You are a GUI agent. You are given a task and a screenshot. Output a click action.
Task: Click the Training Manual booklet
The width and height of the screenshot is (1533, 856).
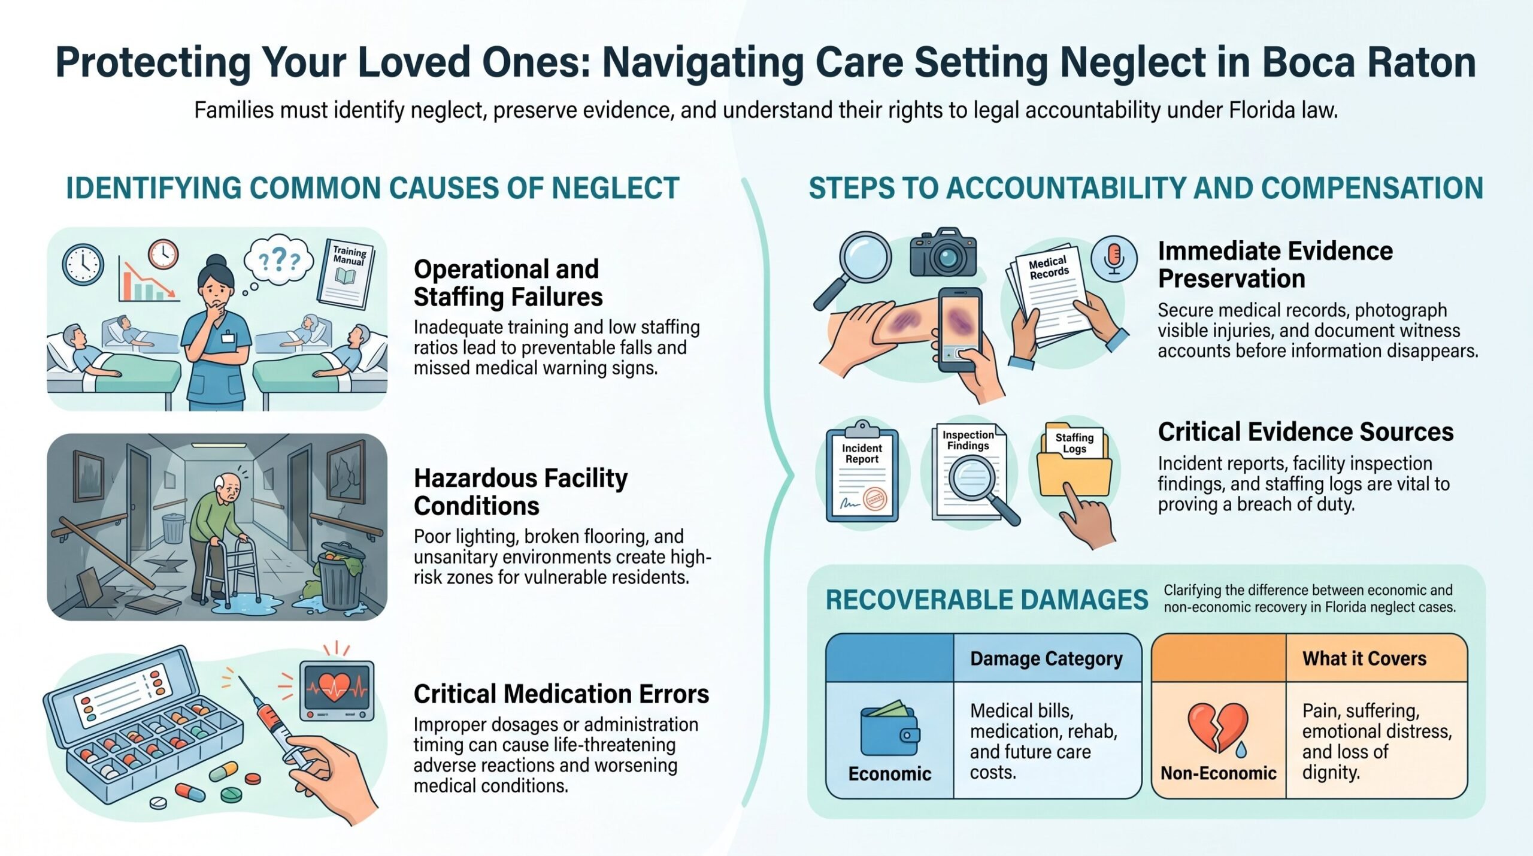pyautogui.click(x=346, y=273)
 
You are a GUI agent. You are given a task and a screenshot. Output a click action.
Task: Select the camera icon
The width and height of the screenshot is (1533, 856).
pyautogui.click(x=943, y=252)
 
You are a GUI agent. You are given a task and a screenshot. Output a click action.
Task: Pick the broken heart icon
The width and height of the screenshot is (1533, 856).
pyautogui.click(x=1218, y=728)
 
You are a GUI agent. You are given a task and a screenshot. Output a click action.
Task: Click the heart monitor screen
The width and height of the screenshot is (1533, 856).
pyautogui.click(x=337, y=689)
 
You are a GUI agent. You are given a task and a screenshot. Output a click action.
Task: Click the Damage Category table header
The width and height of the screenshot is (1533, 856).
pyautogui.click(x=1046, y=658)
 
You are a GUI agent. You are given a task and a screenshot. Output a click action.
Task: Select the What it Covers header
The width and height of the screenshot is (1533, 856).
pyautogui.click(x=1364, y=658)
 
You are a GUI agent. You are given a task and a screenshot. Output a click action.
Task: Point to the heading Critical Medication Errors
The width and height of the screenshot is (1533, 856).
pyautogui.click(x=561, y=694)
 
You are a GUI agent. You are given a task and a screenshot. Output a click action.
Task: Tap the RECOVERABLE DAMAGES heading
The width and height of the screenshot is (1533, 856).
pyautogui.click(x=987, y=600)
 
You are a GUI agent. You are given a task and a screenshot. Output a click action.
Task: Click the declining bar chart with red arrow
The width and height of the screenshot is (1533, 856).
pyautogui.click(x=149, y=279)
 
